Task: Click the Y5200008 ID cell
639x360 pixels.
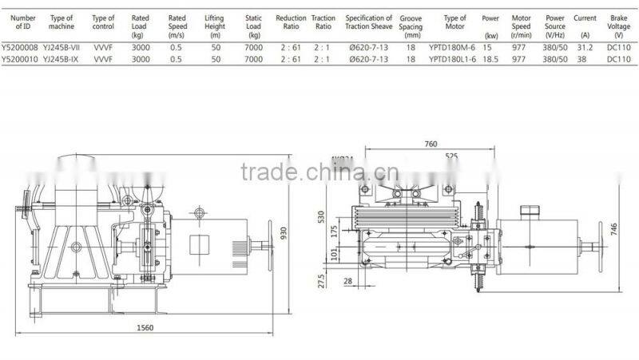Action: (19, 48)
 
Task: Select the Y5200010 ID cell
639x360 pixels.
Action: (19, 59)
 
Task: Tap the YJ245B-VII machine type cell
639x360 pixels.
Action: (62, 48)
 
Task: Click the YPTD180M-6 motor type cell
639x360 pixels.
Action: (451, 48)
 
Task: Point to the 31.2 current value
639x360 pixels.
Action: (584, 48)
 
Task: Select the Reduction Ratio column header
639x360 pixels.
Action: (291, 22)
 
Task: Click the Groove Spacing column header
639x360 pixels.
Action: (411, 26)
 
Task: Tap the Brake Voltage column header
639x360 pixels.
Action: (619, 26)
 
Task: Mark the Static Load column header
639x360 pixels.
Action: (254, 26)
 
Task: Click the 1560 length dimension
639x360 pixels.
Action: (145, 327)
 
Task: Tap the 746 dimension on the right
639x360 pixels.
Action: (614, 227)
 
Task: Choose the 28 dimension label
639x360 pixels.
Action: (347, 281)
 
